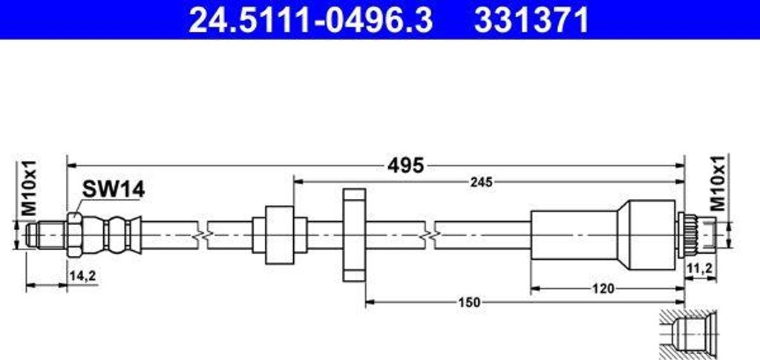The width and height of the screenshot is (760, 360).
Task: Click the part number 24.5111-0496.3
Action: (310, 19)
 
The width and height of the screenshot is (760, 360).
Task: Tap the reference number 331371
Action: (531, 19)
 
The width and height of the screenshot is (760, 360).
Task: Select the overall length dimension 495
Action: (405, 166)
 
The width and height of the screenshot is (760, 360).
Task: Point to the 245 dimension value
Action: (481, 182)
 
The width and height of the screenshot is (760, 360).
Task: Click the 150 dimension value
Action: (469, 303)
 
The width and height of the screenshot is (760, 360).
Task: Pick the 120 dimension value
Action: (603, 289)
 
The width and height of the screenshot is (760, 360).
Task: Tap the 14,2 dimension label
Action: (82, 275)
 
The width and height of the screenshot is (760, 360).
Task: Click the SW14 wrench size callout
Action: (113, 189)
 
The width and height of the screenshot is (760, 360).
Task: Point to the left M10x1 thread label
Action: (30, 188)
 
